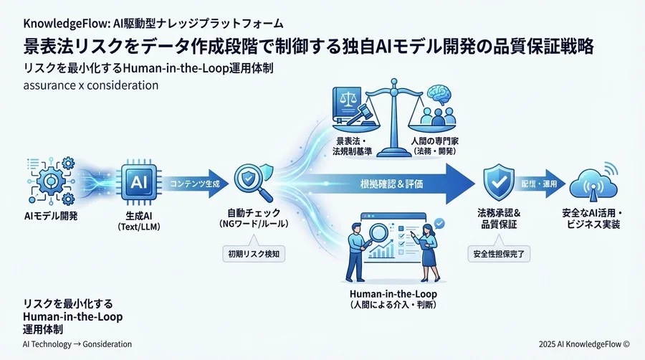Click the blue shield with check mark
coord(498,182)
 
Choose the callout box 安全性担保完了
coord(497,252)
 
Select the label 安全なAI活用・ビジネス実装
coord(591,219)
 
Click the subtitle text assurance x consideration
coord(91,85)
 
